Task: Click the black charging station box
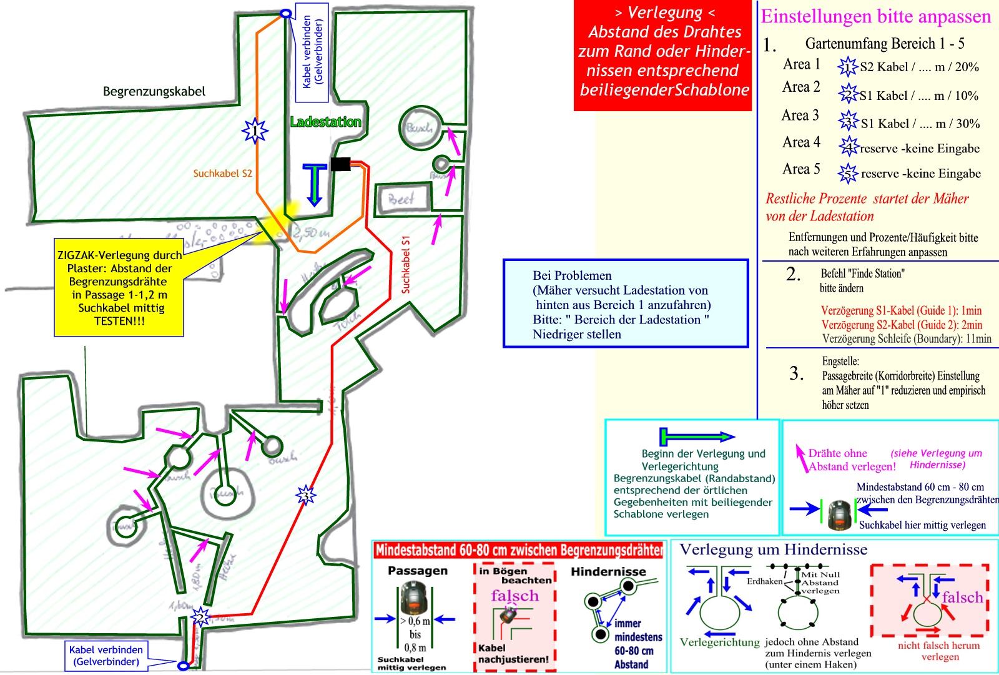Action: [340, 164]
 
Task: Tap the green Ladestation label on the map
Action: [325, 122]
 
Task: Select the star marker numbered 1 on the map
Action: [255, 131]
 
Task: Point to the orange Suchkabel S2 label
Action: [222, 174]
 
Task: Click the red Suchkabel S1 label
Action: [406, 264]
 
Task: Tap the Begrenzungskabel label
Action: [154, 92]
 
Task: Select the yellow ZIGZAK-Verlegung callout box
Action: [119, 288]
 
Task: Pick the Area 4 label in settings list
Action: [801, 143]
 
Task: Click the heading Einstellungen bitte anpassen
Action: [875, 17]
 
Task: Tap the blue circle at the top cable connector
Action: [285, 13]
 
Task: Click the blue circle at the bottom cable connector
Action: [183, 666]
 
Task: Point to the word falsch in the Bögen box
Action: [514, 595]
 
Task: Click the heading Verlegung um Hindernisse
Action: [773, 549]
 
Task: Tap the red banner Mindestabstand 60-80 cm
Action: [518, 550]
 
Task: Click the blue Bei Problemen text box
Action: [625, 303]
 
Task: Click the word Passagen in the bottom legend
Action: [417, 571]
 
